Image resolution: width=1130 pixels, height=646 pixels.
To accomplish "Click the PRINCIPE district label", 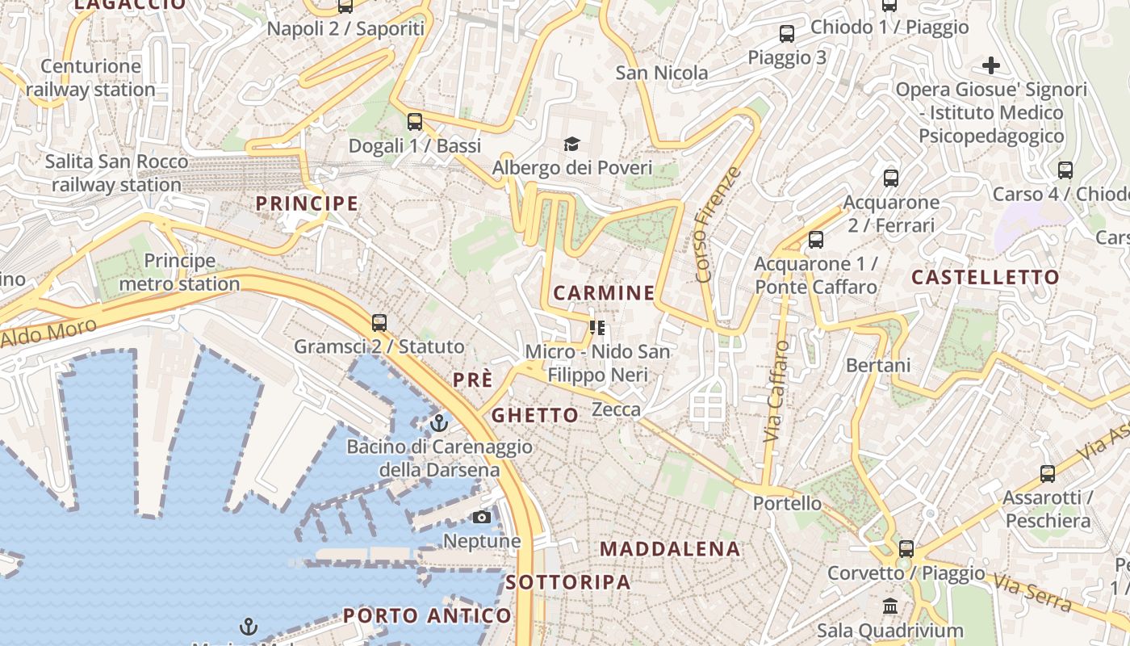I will tap(307, 203).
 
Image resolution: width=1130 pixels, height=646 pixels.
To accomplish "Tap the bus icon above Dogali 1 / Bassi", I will tap(415, 122).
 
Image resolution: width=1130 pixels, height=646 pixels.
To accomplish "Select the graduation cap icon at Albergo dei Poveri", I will tap(571, 144).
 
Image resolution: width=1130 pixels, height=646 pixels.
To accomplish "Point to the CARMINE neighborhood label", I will tap(604, 292).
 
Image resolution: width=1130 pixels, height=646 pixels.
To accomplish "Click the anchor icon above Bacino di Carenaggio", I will tap(439, 422).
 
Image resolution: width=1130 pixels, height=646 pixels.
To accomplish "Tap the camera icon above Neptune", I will tap(482, 517).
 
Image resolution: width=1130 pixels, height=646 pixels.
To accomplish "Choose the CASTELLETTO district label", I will tap(986, 277).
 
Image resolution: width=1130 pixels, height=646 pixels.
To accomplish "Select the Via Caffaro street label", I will tap(776, 391).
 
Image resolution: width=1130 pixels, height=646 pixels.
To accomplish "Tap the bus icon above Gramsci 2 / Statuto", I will tap(379, 323).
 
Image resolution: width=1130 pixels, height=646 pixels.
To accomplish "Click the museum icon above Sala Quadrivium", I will tap(890, 606).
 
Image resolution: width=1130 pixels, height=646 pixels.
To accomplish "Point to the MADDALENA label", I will tap(670, 549).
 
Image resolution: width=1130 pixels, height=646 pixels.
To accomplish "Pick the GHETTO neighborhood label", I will tap(535, 416).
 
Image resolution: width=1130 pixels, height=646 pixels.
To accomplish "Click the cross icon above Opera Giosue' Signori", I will tap(991, 65).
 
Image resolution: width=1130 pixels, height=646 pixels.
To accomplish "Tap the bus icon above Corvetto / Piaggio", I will tap(906, 549).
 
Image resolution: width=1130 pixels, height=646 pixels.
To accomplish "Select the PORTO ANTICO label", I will tap(427, 615).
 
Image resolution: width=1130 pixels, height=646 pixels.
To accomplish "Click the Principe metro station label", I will tap(180, 272).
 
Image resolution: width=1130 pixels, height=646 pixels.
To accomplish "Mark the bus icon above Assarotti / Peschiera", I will tap(1048, 474).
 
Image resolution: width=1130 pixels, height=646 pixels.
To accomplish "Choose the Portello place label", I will tap(787, 503).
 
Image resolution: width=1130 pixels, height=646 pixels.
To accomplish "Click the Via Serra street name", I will tap(1032, 593).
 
